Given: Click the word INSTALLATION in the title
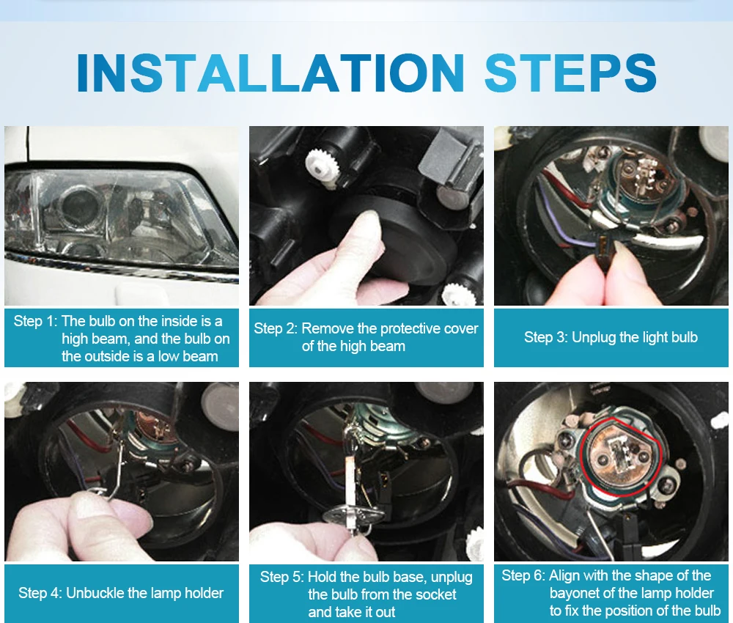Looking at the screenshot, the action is click(270, 73).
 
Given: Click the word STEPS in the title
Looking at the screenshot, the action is click(571, 73).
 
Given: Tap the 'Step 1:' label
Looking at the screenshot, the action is click(35, 321).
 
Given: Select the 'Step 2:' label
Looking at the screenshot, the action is click(276, 328).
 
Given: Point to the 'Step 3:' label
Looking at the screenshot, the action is click(545, 337).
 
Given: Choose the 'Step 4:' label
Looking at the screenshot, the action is click(40, 593).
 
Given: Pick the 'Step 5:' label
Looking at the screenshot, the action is click(282, 577).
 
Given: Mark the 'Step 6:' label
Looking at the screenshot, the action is click(523, 575).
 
